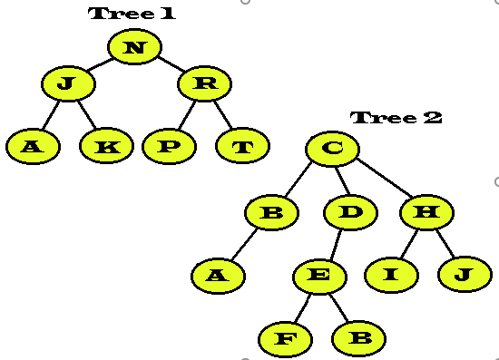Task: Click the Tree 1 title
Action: click(x=132, y=14)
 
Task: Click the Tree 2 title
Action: click(x=396, y=118)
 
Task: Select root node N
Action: click(x=134, y=47)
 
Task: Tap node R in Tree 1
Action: click(x=205, y=84)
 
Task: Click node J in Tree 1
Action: click(x=68, y=84)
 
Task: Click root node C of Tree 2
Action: click(x=332, y=149)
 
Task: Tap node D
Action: click(x=350, y=213)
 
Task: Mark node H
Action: click(x=426, y=213)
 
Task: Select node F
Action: click(x=285, y=339)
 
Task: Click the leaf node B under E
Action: click(x=359, y=338)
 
